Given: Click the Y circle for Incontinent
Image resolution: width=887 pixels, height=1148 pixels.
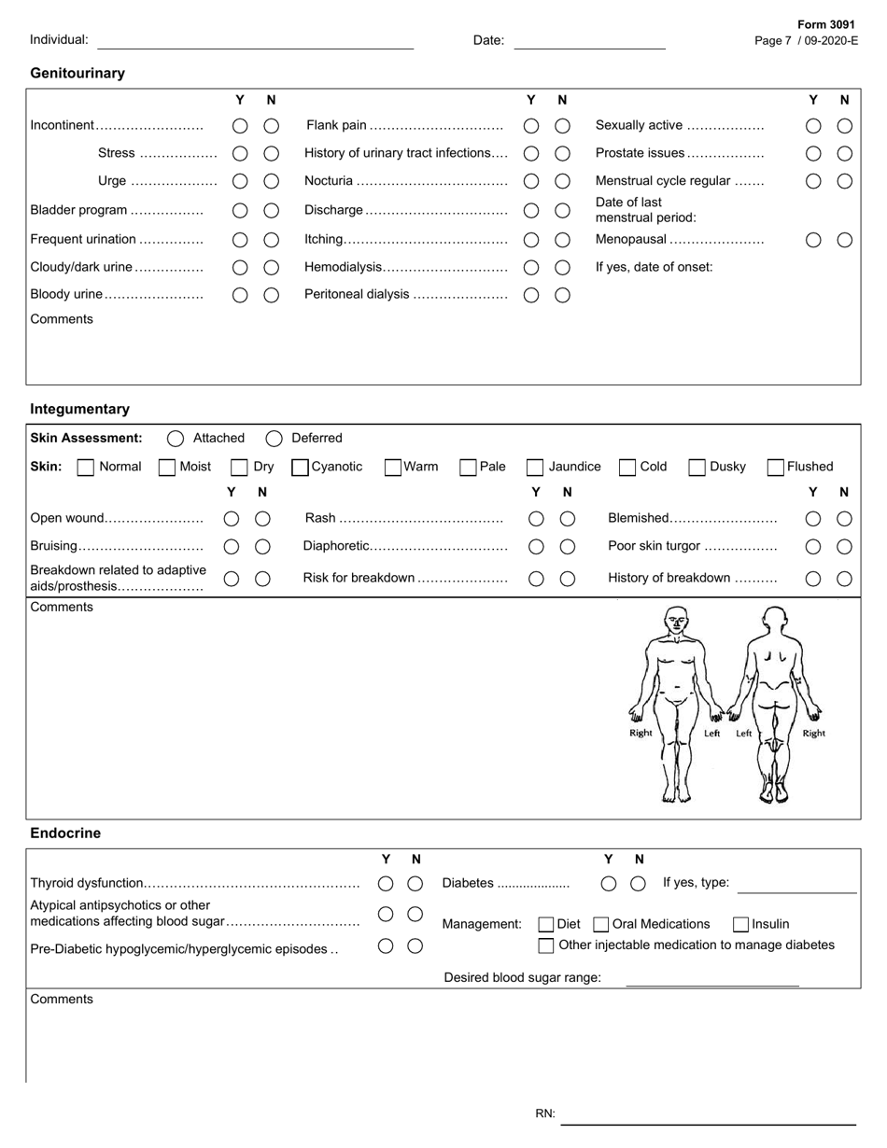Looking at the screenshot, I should pos(240,126).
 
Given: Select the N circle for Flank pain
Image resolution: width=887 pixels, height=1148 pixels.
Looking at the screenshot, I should pos(562,126).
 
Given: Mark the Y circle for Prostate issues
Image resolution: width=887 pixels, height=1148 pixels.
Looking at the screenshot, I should pos(813,153).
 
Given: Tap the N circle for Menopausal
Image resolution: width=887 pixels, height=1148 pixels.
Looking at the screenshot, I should pos(844,240).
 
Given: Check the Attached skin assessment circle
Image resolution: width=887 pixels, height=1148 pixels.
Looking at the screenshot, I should pos(175,439).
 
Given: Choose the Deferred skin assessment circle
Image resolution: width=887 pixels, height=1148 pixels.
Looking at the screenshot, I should pos(274,439).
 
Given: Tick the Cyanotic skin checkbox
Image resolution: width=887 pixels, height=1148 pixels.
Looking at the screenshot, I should pos(301,467).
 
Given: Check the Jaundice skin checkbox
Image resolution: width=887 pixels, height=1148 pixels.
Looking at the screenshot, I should pos(535,467).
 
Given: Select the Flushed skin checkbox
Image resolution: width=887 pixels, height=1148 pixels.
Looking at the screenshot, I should pos(775,467).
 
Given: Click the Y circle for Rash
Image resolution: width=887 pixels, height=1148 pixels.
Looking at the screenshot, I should pos(536,519).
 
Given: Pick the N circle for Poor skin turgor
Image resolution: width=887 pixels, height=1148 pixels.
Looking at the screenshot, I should pos(844,547).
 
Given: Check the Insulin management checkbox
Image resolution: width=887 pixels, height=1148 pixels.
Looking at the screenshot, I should pos(740,924).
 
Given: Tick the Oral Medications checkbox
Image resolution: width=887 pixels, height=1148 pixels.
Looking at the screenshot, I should pos(601,924).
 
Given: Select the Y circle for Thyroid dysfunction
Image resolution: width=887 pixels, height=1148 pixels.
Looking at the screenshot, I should pos(385,883).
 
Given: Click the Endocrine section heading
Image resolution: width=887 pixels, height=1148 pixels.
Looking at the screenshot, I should pos(65,833).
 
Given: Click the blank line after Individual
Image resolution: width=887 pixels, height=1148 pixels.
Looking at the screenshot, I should pos(255,41).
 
